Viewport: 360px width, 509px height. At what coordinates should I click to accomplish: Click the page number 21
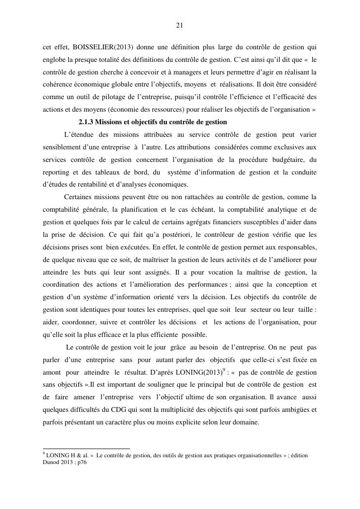(x=180, y=25)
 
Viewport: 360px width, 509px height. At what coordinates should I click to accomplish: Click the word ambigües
(x=294, y=410)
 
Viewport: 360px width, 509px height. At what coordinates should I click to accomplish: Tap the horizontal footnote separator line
(x=86, y=449)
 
